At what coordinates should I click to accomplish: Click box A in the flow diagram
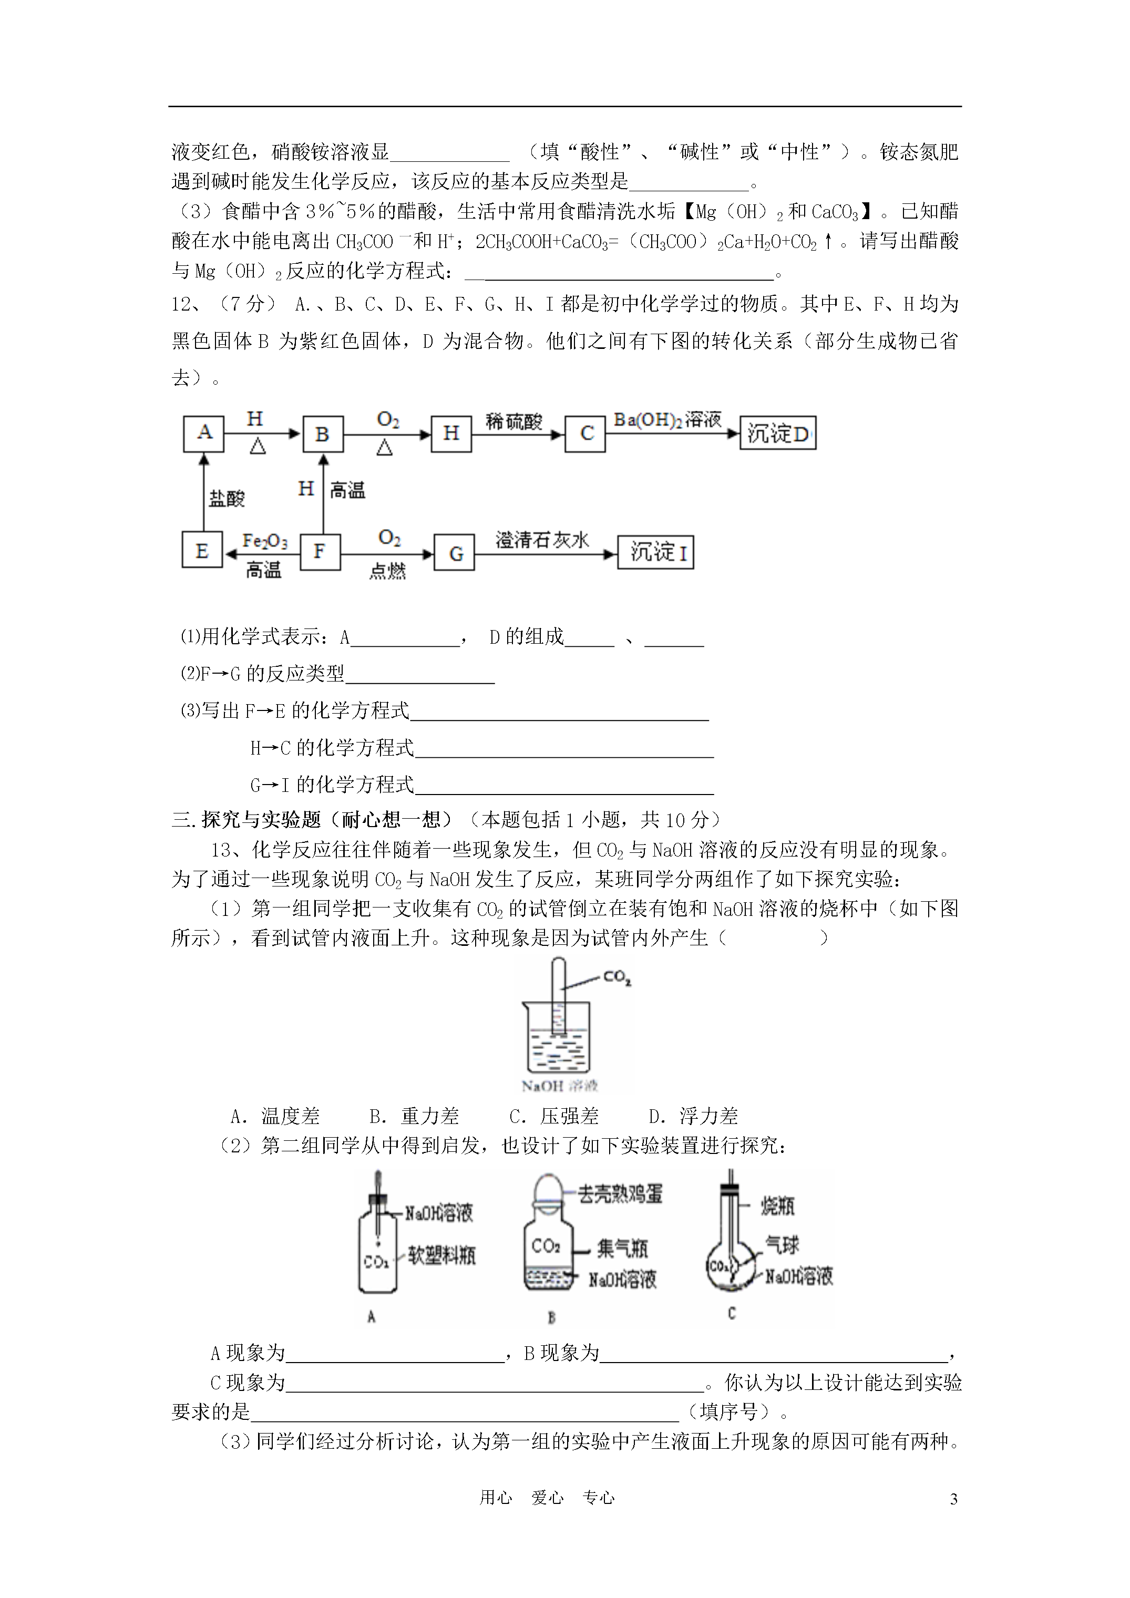coord(203,434)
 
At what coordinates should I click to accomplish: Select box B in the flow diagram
coord(322,434)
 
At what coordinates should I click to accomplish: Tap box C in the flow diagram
coord(585,434)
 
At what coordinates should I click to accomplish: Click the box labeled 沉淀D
coord(777,434)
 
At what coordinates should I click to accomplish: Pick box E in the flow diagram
coord(202,551)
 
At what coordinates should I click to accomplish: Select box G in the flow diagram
coord(455,553)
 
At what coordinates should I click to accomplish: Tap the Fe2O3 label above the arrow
coord(264,541)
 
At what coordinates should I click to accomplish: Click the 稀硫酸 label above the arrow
coord(514,421)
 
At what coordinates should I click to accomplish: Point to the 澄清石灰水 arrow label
coord(542,539)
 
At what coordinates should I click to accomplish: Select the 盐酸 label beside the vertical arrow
coord(227,498)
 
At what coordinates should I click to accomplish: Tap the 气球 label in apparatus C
coord(782,1244)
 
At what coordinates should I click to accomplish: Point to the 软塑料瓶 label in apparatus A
coord(441,1255)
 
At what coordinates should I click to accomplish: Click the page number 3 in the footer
coord(953,1499)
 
